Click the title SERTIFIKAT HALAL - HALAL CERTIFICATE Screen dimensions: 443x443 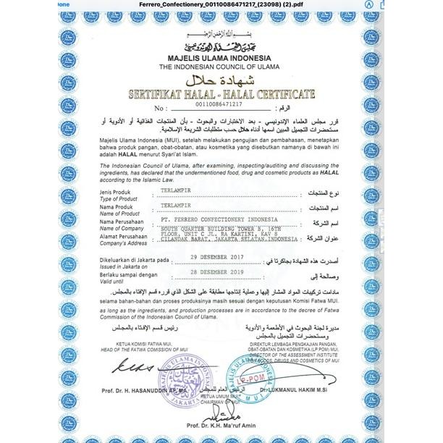221,95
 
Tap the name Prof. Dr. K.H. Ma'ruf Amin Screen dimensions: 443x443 221,424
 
